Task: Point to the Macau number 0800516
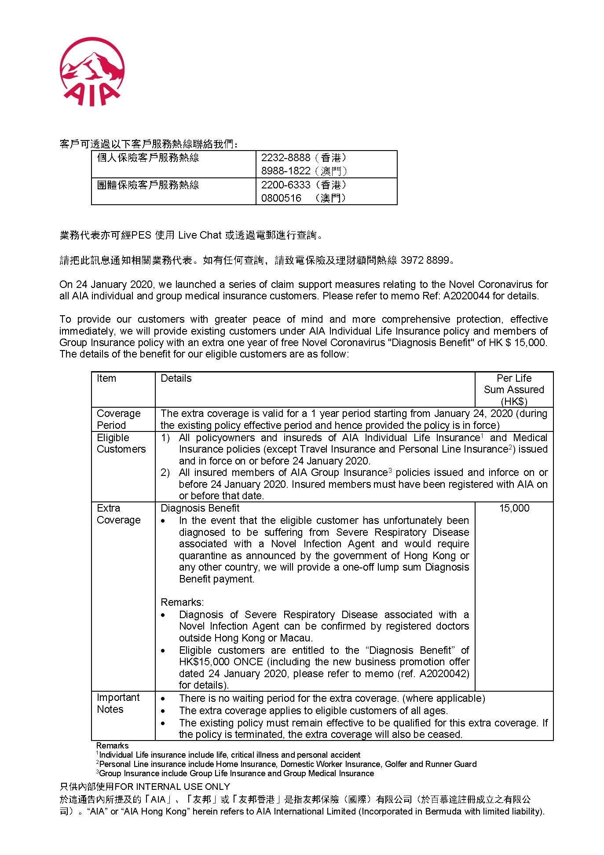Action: tap(281, 198)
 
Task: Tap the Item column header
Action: tap(106, 378)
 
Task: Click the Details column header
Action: tap(176, 378)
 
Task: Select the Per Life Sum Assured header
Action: tap(514, 390)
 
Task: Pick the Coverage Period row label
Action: tap(118, 419)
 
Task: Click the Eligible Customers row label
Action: tap(121, 443)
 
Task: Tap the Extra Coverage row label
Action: tap(118, 514)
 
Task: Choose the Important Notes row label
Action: tap(118, 703)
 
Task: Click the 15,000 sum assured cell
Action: tap(514, 508)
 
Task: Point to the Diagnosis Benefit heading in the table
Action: tap(200, 508)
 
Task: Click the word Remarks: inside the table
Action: tap(182, 602)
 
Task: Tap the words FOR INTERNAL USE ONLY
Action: tap(172, 787)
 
